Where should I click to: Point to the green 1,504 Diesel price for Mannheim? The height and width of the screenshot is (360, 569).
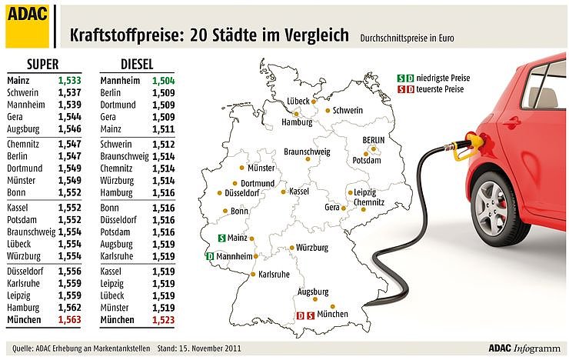162,79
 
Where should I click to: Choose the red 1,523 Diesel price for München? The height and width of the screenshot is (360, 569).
162,320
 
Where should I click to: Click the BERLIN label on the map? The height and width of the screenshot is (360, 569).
379,140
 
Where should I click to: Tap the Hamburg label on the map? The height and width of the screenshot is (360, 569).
297,122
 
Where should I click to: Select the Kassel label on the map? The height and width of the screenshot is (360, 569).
298,191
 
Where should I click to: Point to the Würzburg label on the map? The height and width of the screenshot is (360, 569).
312,248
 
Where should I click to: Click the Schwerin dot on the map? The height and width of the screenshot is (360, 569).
328,111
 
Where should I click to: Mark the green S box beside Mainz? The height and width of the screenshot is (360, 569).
221,238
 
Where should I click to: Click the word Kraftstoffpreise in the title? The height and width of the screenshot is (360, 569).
122,36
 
